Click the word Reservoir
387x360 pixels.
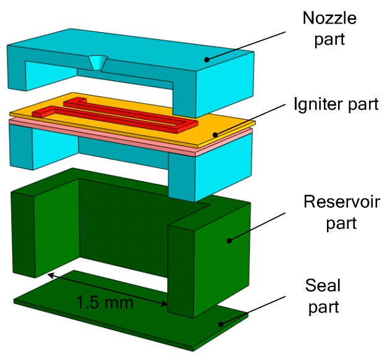point(333,202)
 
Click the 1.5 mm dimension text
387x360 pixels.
point(105,303)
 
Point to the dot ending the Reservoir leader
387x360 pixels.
point(228,239)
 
